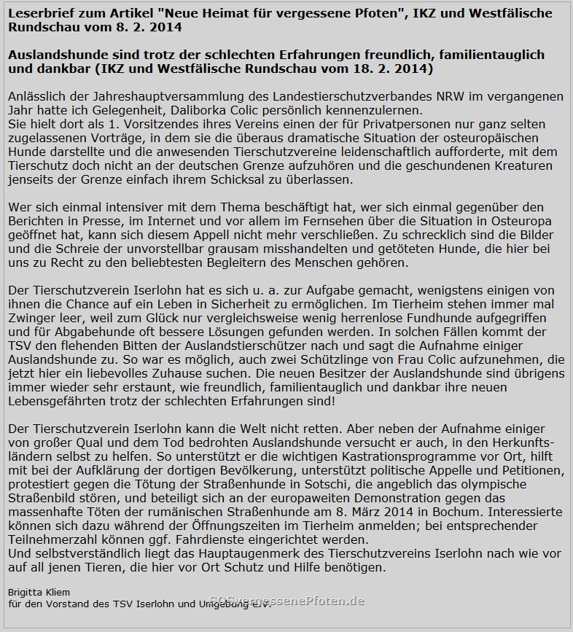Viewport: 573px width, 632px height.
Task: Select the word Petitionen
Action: [529, 470]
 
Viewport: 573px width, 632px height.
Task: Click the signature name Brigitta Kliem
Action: [39, 592]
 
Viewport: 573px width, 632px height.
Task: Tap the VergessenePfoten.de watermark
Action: [286, 601]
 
